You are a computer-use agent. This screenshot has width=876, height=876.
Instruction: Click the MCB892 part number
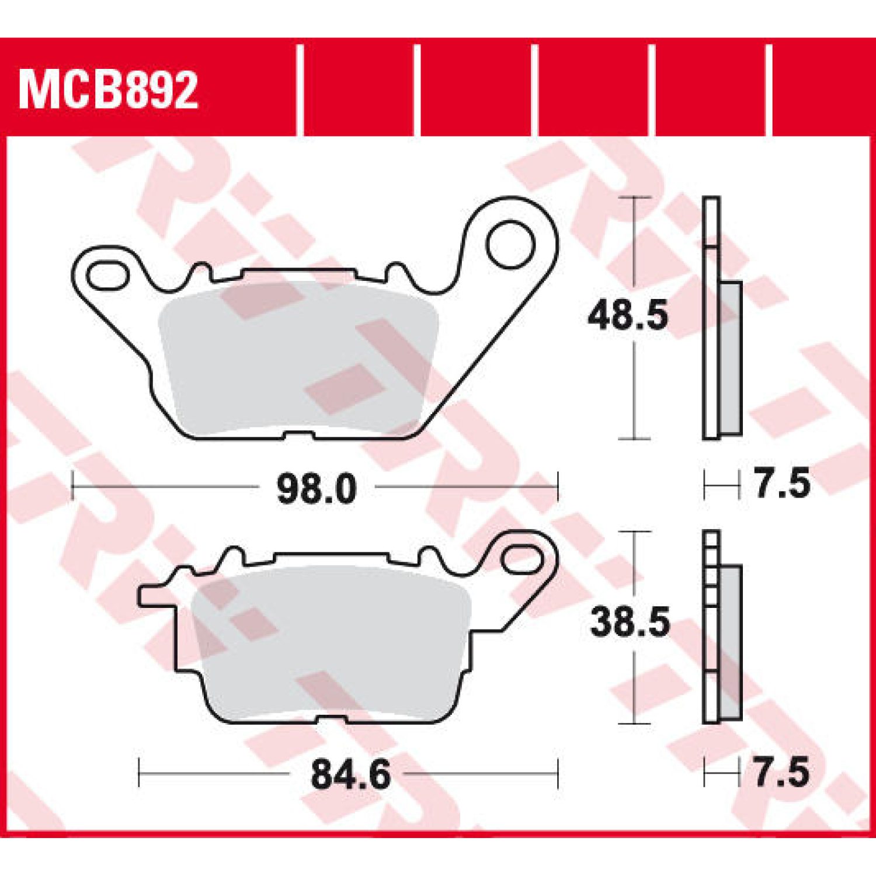tap(109, 91)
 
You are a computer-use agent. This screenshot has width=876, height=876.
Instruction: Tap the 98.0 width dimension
tap(316, 489)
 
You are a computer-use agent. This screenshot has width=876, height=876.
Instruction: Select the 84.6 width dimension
tap(350, 775)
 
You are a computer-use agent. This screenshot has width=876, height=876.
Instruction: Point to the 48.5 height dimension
tap(628, 316)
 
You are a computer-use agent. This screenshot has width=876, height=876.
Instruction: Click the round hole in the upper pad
tap(510, 245)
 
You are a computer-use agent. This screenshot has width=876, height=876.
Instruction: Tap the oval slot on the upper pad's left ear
tap(107, 276)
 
